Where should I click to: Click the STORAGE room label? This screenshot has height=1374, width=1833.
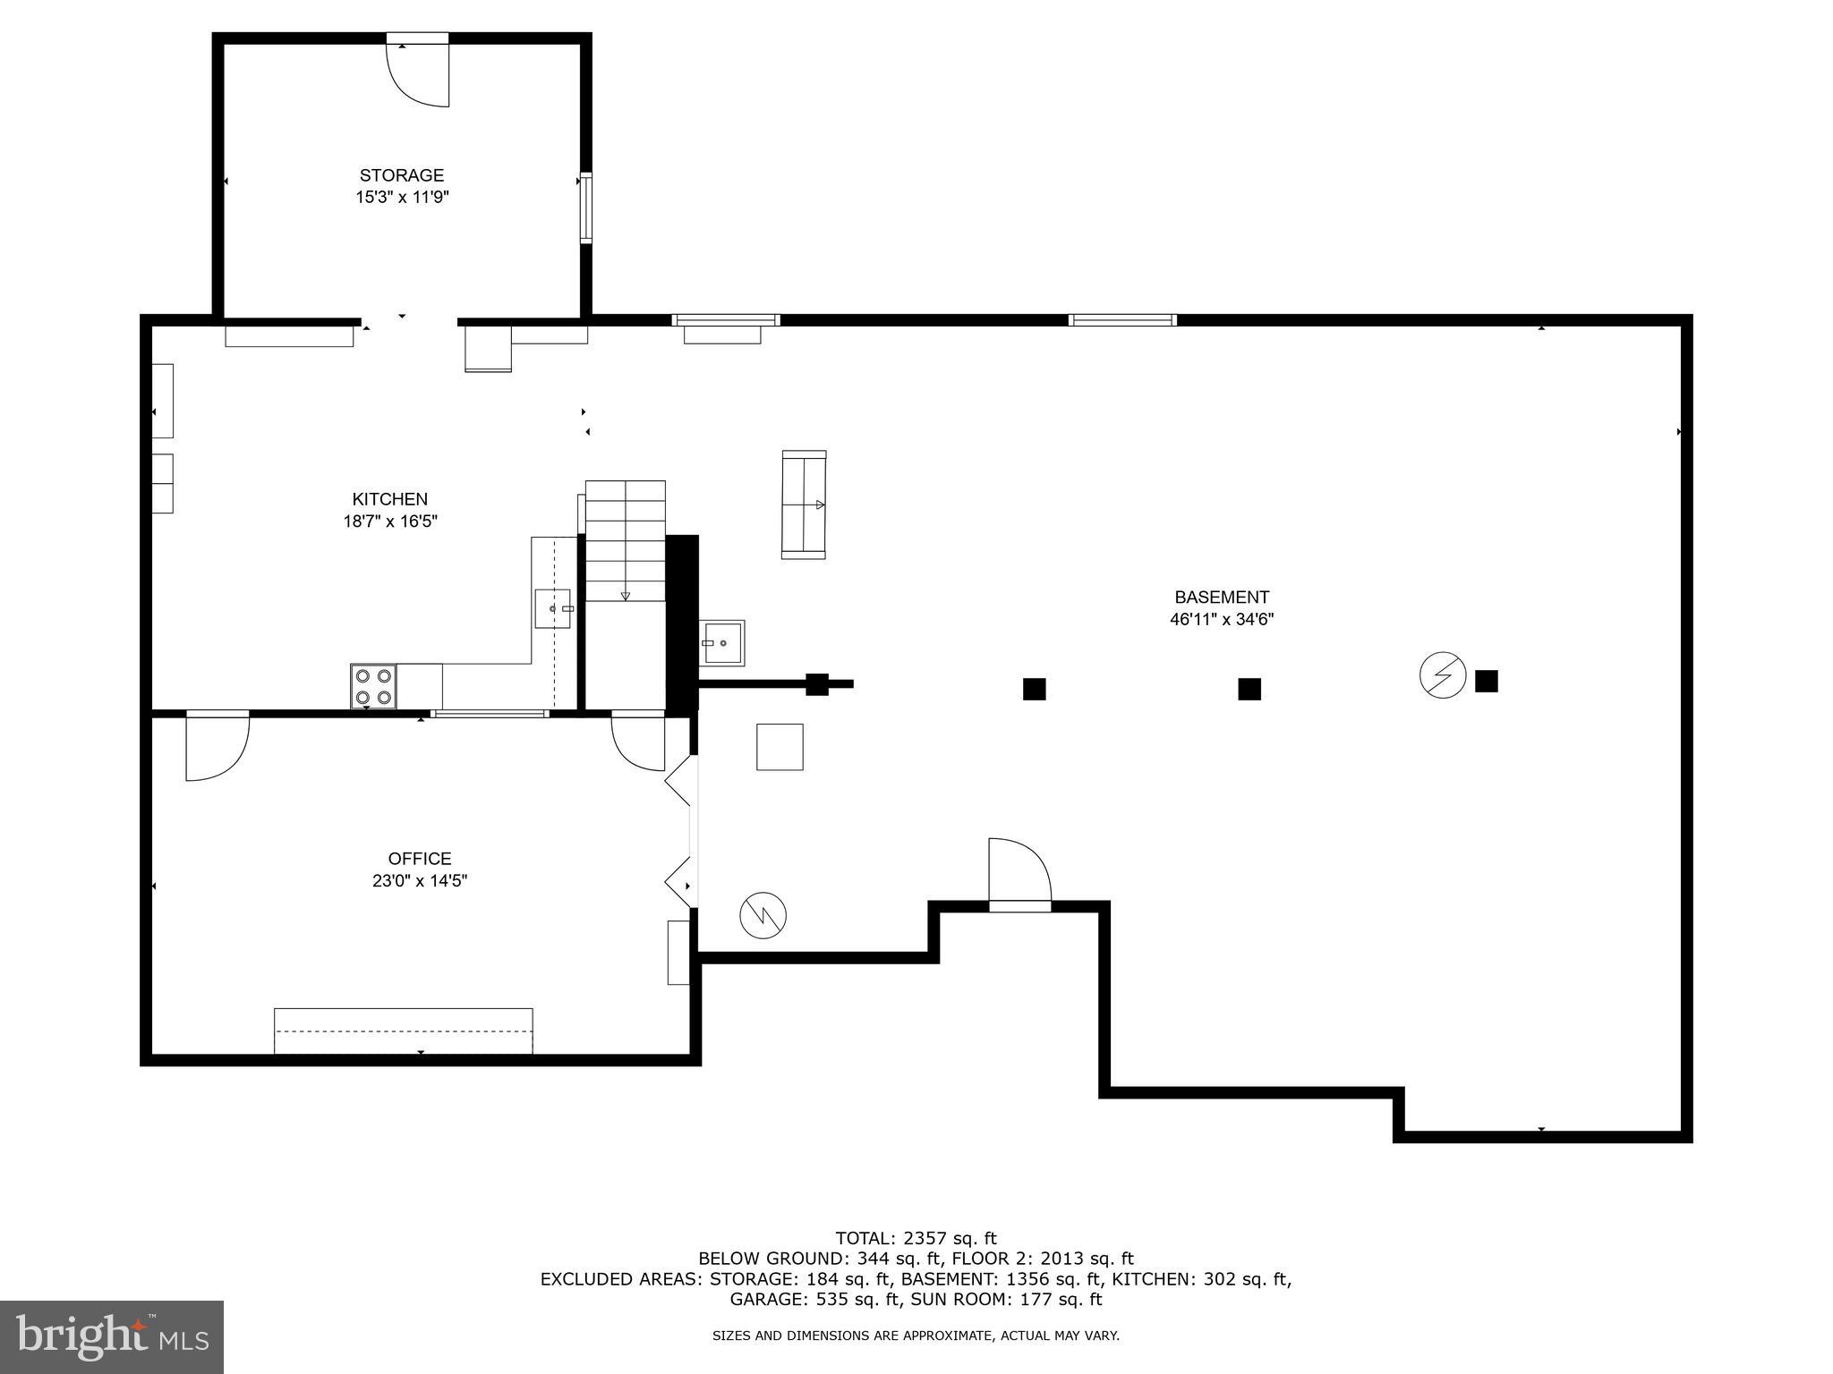pyautogui.click(x=402, y=175)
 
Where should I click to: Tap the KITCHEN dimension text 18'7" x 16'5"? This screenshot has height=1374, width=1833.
pyautogui.click(x=390, y=522)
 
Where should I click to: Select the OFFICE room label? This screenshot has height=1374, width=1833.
pyautogui.click(x=420, y=859)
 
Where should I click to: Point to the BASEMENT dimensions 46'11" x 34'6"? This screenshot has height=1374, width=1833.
pyautogui.click(x=1222, y=619)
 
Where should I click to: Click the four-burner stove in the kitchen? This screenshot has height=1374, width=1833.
pyautogui.click(x=374, y=687)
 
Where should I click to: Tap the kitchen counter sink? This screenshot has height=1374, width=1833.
pyautogui.click(x=553, y=609)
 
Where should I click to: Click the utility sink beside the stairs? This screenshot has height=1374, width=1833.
pyautogui.click(x=722, y=643)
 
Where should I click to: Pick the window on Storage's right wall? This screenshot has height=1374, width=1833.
pyautogui.click(x=586, y=208)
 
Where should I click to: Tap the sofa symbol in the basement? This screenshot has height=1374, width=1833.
pyautogui.click(x=804, y=505)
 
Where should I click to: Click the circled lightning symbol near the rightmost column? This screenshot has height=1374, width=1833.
pyautogui.click(x=1443, y=676)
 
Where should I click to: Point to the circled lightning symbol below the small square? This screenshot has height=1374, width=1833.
pyautogui.click(x=763, y=915)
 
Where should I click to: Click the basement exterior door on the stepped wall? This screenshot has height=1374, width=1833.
pyautogui.click(x=1019, y=874)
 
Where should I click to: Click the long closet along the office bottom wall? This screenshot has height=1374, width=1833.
pyautogui.click(x=404, y=1031)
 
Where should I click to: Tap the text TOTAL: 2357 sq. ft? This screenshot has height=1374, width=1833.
pyautogui.click(x=916, y=1239)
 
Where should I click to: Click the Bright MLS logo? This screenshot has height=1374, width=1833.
pyautogui.click(x=112, y=1336)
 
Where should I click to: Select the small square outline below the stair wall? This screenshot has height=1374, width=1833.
pyautogui.click(x=780, y=747)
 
